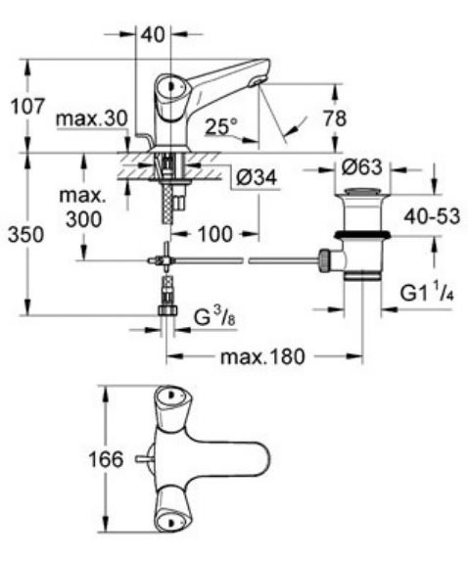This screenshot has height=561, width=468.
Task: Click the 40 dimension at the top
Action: coord(152,33)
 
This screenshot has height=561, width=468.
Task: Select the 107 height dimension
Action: coord(26,106)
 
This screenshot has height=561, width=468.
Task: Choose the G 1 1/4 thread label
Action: coord(424,293)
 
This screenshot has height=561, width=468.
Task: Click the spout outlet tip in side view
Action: coord(259,79)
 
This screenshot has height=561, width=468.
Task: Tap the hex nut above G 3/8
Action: coord(167,312)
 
